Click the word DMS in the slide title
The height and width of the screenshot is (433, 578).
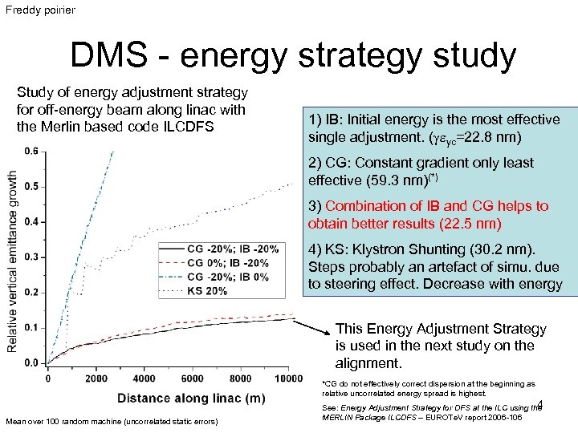112,56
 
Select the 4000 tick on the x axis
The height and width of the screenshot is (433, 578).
144,378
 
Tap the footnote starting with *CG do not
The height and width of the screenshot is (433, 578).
427,389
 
